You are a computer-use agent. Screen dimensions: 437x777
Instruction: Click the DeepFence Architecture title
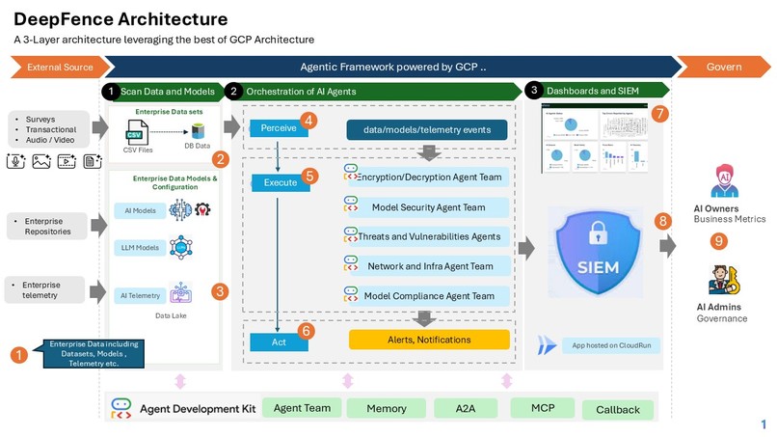click(x=121, y=18)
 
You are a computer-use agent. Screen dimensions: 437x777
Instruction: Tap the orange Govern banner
click(x=724, y=67)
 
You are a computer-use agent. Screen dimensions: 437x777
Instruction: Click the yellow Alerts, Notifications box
click(x=429, y=340)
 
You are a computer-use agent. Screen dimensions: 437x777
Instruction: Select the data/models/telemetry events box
click(x=427, y=129)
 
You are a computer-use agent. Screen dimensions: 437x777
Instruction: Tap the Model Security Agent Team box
click(x=427, y=206)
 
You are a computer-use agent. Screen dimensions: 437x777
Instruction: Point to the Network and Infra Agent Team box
click(x=427, y=266)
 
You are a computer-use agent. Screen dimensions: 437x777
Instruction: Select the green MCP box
click(x=542, y=407)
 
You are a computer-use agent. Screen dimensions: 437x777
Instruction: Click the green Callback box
click(x=617, y=409)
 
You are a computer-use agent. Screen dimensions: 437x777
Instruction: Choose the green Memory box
click(x=386, y=408)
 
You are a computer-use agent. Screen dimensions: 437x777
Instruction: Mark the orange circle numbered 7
click(x=659, y=113)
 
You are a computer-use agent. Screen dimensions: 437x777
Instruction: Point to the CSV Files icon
click(x=138, y=132)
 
